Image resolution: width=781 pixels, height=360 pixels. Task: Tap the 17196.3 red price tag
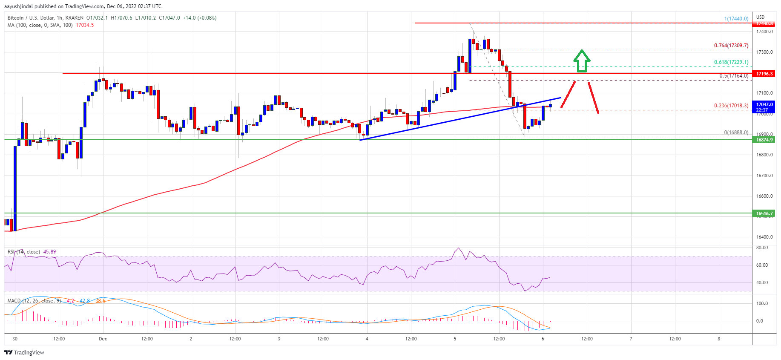tap(764, 74)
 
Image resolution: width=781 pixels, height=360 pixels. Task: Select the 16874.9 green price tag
tap(764, 140)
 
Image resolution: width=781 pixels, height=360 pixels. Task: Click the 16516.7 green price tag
tap(764, 213)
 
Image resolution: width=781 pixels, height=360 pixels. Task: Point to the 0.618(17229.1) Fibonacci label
tap(731, 62)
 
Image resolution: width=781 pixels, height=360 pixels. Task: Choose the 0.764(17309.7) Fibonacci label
tap(731, 46)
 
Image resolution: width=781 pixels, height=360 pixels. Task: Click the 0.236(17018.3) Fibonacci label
tap(731, 106)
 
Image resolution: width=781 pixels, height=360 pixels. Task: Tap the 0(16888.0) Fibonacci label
tap(736, 132)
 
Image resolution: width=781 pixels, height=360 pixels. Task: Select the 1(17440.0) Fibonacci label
tap(736, 19)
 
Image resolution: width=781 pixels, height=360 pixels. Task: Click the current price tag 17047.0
tap(764, 104)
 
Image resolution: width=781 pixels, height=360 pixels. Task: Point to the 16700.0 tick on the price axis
tap(764, 176)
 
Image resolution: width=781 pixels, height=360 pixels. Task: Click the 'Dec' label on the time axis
tap(103, 339)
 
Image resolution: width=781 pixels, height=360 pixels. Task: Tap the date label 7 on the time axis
tap(631, 339)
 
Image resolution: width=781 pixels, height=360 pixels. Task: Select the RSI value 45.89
tap(49, 252)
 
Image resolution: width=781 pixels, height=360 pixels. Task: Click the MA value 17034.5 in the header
tap(85, 25)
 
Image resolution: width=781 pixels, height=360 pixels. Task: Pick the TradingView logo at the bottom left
tap(24, 352)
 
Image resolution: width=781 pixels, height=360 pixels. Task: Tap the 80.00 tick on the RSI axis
tap(762, 248)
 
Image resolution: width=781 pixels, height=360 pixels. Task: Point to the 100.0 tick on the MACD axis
tap(762, 303)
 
